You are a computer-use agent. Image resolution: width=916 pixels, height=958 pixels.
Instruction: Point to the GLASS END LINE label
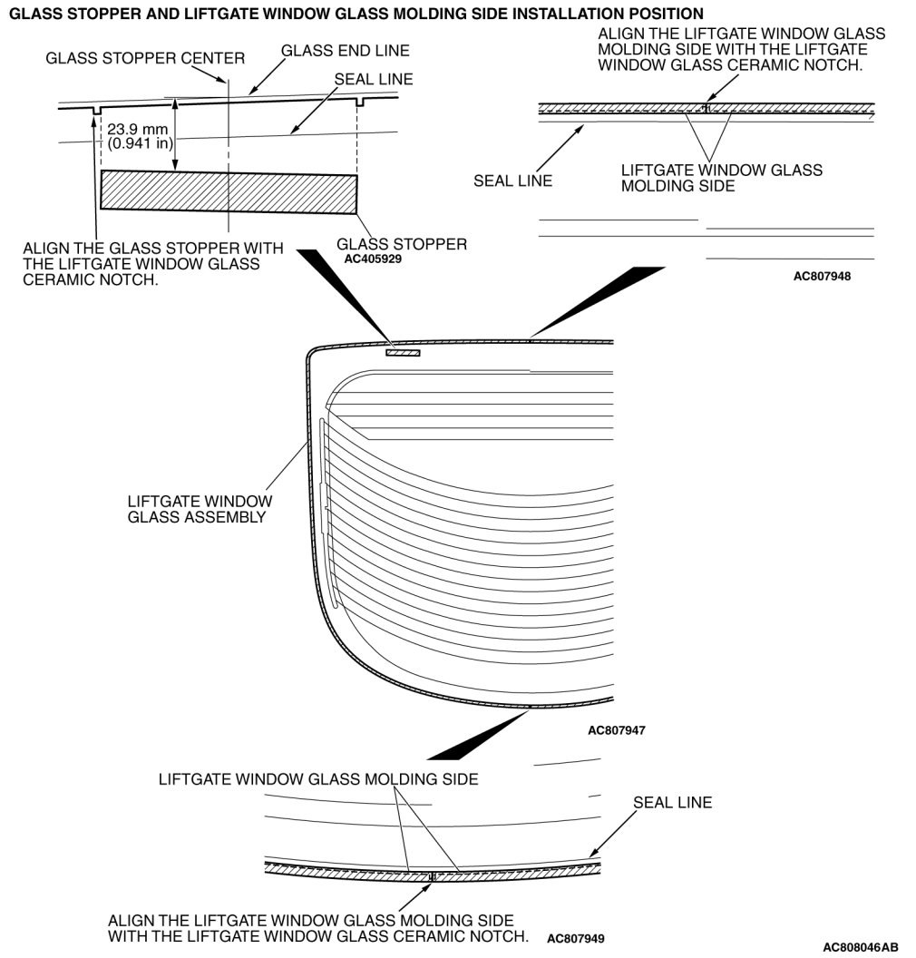[x=346, y=50]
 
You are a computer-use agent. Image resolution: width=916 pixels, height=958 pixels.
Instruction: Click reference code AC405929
[x=373, y=258]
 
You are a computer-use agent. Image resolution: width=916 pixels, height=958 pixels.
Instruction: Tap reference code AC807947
[x=617, y=729]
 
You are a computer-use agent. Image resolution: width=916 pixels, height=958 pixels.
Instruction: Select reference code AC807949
[x=576, y=938]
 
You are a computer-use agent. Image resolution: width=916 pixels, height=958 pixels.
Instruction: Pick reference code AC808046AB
[x=861, y=946]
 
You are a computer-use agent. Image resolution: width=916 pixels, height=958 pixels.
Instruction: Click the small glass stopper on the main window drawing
[x=403, y=352]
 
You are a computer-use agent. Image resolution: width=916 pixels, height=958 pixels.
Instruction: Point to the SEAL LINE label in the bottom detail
[x=672, y=802]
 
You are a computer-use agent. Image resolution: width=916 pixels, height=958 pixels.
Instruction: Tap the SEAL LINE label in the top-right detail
[x=512, y=181]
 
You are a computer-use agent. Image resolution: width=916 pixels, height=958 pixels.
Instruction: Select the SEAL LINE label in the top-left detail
[x=373, y=79]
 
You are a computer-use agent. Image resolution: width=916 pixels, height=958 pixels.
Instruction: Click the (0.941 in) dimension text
[x=141, y=142]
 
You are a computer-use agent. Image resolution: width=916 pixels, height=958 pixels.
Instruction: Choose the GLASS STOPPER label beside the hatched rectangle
[x=402, y=244]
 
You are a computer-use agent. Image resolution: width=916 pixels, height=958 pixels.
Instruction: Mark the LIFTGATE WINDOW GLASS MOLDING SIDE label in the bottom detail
[x=317, y=779]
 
